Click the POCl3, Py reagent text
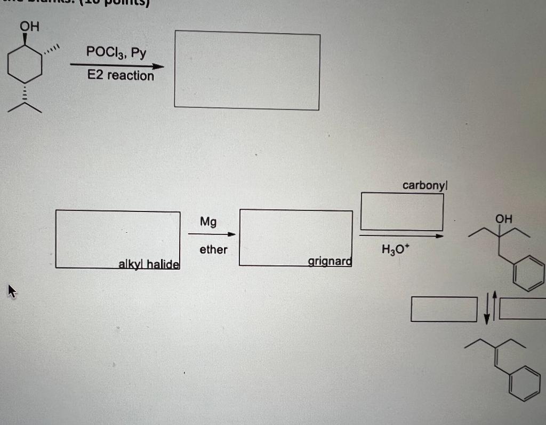[x=116, y=52]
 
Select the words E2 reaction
[x=121, y=75]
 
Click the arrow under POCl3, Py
[x=117, y=66]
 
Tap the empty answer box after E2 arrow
[x=247, y=70]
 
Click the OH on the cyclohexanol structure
[x=29, y=26]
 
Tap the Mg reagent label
[x=208, y=221]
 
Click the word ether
[x=213, y=249]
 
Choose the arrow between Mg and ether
[x=212, y=234]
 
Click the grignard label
[x=330, y=261]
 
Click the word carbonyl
[x=425, y=185]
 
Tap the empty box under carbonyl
[x=402, y=211]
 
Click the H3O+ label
[x=394, y=249]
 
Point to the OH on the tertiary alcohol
[x=503, y=218]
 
